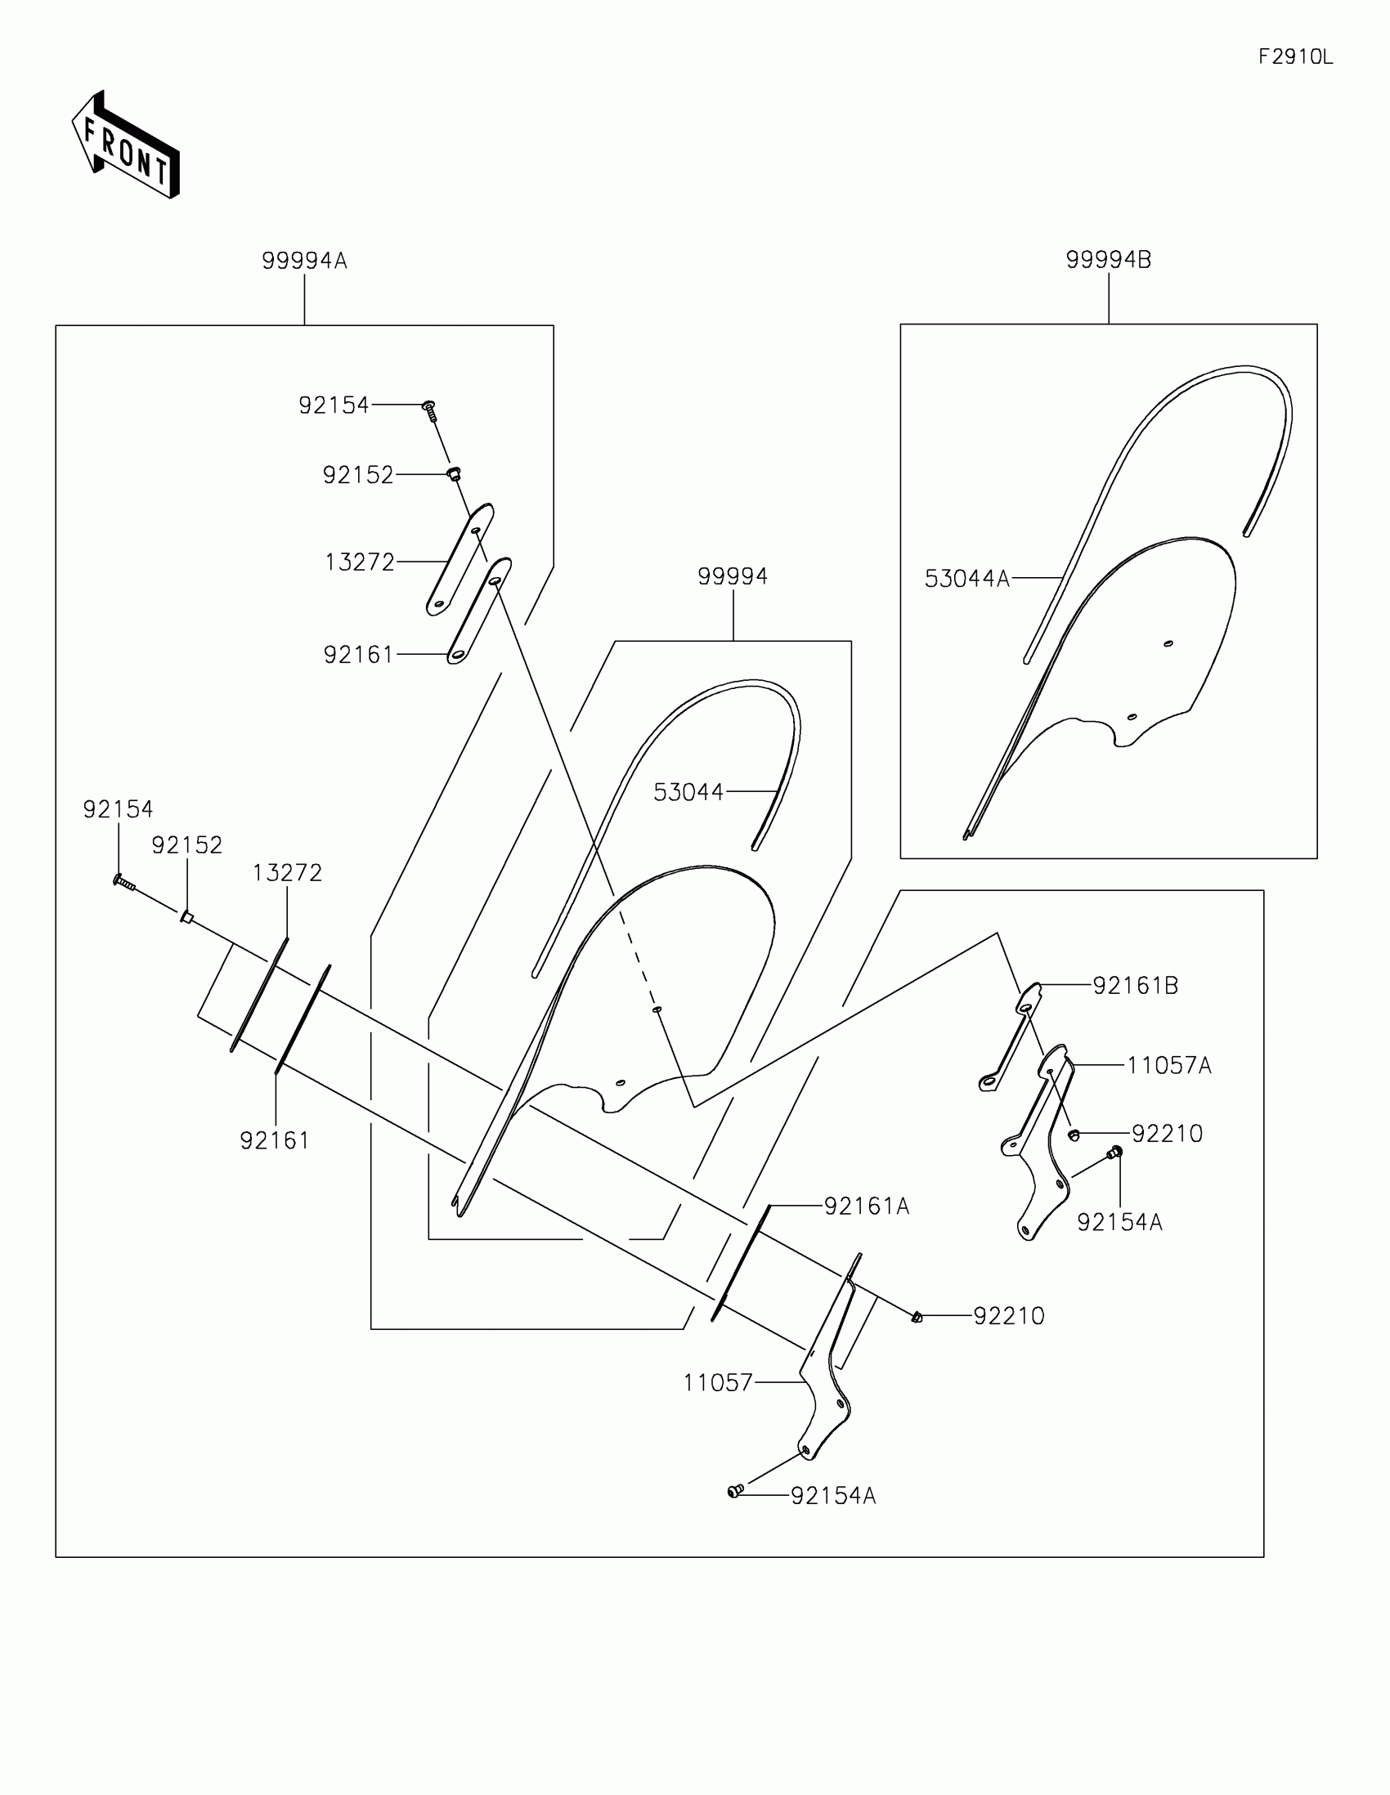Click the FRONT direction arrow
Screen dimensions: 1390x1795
[x=126, y=146]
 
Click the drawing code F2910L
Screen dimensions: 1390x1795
[x=1295, y=56]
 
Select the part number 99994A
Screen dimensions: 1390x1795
[x=304, y=261]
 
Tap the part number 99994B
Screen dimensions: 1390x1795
[x=1108, y=260]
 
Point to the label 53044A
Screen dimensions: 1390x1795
[x=966, y=579]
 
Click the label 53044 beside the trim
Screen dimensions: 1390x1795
[x=688, y=791]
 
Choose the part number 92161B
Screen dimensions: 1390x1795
[x=1135, y=986]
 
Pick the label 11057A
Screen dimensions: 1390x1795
[x=1168, y=1066]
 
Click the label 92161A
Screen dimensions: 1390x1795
[x=867, y=1206]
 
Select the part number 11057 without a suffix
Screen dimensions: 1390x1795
[x=718, y=1383]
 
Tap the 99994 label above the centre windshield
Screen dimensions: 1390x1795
[x=733, y=576]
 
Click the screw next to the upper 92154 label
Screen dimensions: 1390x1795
[x=429, y=410]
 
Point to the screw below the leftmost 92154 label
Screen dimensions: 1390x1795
[x=123, y=882]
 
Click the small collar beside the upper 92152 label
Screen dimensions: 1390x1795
[x=454, y=473]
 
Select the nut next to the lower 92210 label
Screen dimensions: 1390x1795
[x=917, y=1317]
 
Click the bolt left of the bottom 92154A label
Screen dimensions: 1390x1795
[x=735, y=1491]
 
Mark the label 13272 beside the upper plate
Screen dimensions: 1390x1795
[x=359, y=562]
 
